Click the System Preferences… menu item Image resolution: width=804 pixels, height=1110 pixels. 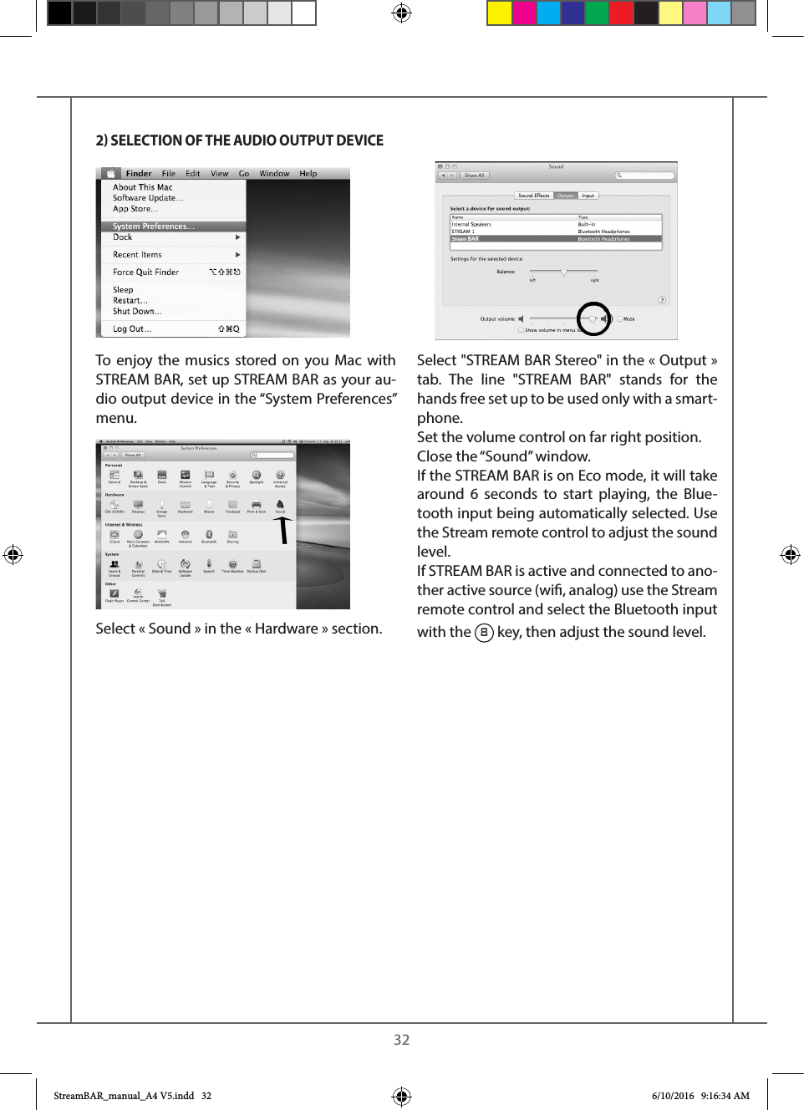pyautogui.click(x=154, y=227)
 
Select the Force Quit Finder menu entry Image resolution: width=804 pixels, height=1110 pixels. pyautogui.click(x=145, y=272)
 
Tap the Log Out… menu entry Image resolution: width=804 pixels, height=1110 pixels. pyautogui.click(x=132, y=329)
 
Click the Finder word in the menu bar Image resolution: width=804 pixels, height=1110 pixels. pyautogui.click(x=139, y=174)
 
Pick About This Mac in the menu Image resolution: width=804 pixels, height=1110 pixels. pyautogui.click(x=142, y=187)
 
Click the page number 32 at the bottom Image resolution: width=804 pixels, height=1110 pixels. pyautogui.click(x=402, y=1040)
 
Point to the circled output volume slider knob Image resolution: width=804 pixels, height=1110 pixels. pyautogui.click(x=593, y=318)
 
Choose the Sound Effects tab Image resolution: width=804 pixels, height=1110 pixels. pyautogui.click(x=533, y=196)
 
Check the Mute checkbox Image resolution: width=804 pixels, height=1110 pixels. pyautogui.click(x=619, y=318)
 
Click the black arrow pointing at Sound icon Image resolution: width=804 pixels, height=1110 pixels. pyautogui.click(x=284, y=530)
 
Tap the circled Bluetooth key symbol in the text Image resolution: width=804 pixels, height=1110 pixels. pyautogui.click(x=484, y=633)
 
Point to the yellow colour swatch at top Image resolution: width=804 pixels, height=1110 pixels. pyautogui.click(x=499, y=13)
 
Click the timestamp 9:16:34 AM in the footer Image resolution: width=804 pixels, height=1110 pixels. pyautogui.click(x=725, y=1096)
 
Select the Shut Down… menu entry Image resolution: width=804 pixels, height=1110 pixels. pyautogui.click(x=137, y=312)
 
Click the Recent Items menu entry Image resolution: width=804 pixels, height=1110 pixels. pyautogui.click(x=137, y=255)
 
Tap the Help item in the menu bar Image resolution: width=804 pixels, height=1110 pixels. pyautogui.click(x=308, y=174)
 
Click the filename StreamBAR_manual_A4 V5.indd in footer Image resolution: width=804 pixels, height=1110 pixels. pyautogui.click(x=124, y=1096)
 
